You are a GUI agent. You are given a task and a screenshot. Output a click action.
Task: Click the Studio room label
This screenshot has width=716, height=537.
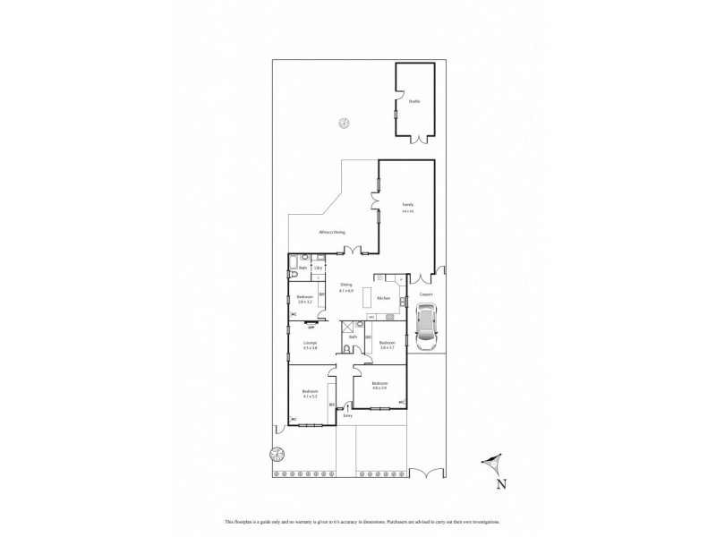click(413, 101)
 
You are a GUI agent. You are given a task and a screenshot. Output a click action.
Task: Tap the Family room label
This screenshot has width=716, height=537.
click(407, 205)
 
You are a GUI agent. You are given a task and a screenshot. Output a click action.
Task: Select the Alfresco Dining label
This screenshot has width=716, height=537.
click(332, 232)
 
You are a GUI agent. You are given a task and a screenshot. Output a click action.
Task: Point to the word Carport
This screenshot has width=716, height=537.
click(426, 293)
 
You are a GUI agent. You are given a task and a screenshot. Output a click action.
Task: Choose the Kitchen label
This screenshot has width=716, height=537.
click(383, 297)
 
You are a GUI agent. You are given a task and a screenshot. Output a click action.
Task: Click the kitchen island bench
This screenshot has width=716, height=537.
click(366, 298)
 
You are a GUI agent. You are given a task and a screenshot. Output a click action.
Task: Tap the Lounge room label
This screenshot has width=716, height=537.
click(311, 344)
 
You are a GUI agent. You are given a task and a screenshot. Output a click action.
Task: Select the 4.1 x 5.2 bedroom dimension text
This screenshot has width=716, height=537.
click(310, 396)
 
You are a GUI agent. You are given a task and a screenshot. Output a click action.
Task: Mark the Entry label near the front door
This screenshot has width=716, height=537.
click(347, 416)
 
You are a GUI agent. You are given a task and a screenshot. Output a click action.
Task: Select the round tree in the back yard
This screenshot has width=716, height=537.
click(343, 124)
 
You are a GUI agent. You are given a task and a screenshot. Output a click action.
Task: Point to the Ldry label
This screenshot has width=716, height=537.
click(318, 268)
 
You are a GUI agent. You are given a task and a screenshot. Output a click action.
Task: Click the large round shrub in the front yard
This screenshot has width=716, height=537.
click(278, 454)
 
